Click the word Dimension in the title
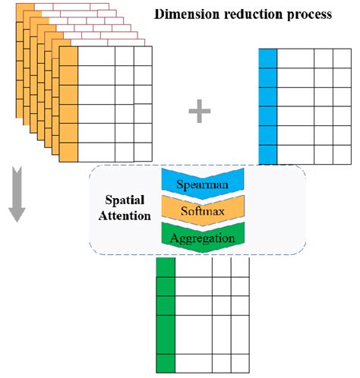[181, 14]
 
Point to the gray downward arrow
[17, 204]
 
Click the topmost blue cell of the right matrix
[267, 58]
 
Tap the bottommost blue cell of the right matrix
[267, 153]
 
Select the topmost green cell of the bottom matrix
[166, 267]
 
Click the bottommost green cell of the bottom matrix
[166, 363]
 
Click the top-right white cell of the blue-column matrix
[343, 58]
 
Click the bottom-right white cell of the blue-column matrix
[343, 153]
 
